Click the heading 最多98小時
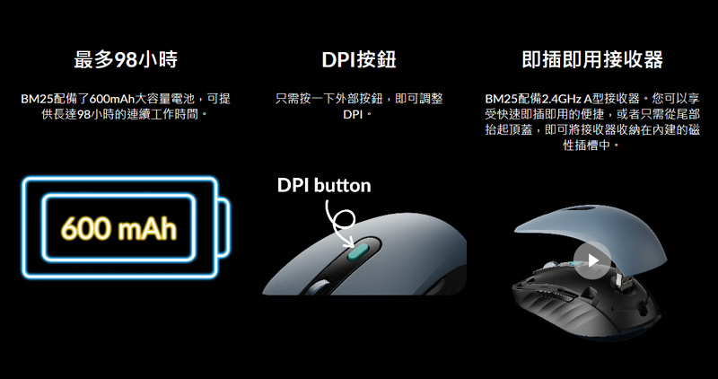click(126, 59)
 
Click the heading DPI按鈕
click(359, 59)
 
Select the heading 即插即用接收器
click(592, 59)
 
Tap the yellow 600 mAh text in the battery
click(118, 228)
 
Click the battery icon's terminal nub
click(223, 227)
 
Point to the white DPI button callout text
click(324, 185)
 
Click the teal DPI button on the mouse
click(358, 251)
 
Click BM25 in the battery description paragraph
click(37, 99)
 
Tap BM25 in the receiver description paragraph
click(501, 99)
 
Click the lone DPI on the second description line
click(353, 115)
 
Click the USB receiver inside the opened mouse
click(620, 284)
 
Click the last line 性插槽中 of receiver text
click(586, 145)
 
